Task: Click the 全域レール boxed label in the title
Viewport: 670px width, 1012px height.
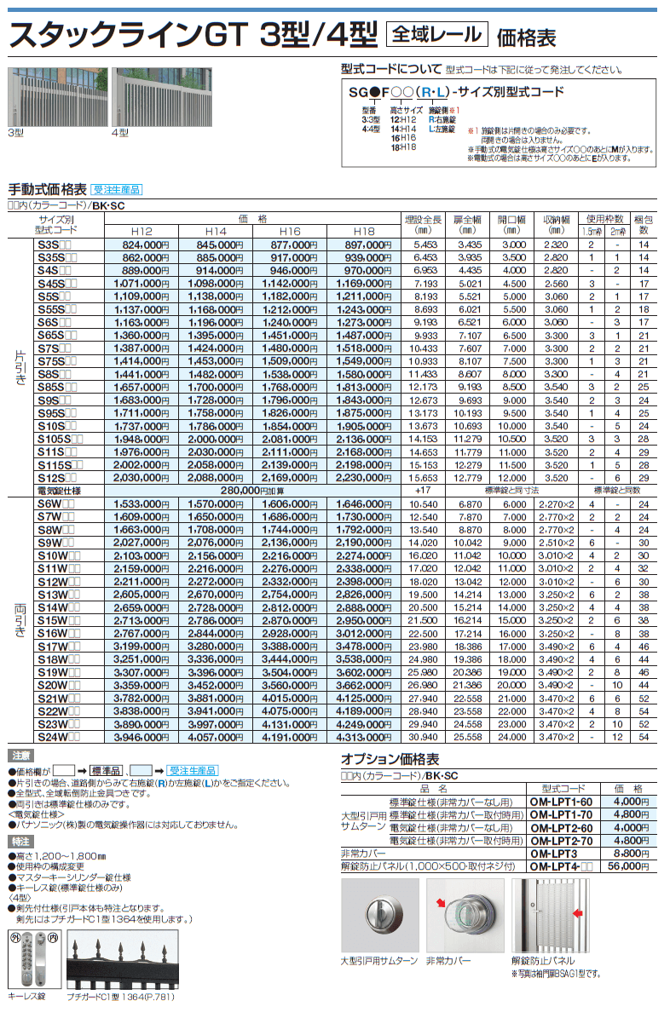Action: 437,35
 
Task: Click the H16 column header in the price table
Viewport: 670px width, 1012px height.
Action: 290,231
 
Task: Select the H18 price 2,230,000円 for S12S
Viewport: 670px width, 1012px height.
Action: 363,478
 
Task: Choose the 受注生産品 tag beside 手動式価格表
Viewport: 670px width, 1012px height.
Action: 116,189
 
